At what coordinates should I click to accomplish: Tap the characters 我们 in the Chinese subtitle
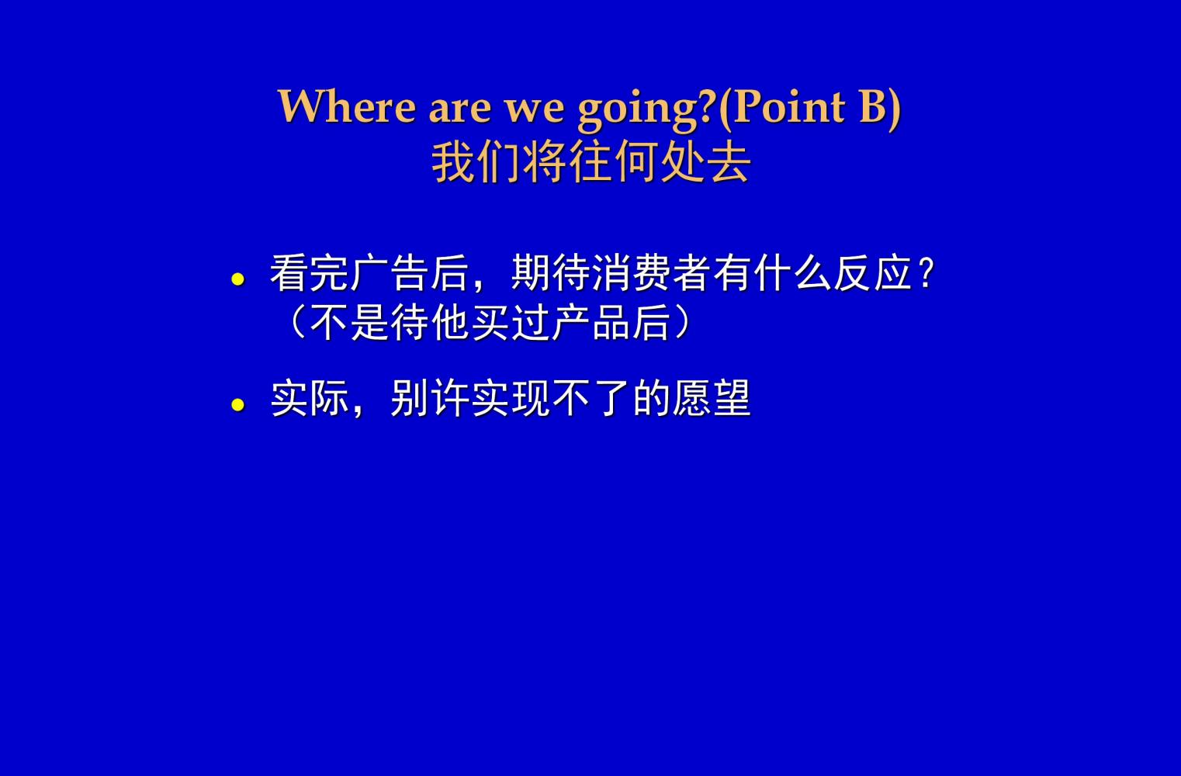[476, 162]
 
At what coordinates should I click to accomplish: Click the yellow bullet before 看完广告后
[238, 279]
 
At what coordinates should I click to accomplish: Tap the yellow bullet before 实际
[238, 404]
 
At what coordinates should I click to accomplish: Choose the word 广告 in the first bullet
[390, 273]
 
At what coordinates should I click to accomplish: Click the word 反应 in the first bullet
[873, 273]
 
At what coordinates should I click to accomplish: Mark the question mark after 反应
[926, 273]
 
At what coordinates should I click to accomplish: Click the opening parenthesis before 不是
[296, 323]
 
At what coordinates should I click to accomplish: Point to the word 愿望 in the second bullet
[712, 399]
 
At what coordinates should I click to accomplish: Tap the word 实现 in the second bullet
[511, 399]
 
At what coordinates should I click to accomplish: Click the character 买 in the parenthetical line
[490, 323]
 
